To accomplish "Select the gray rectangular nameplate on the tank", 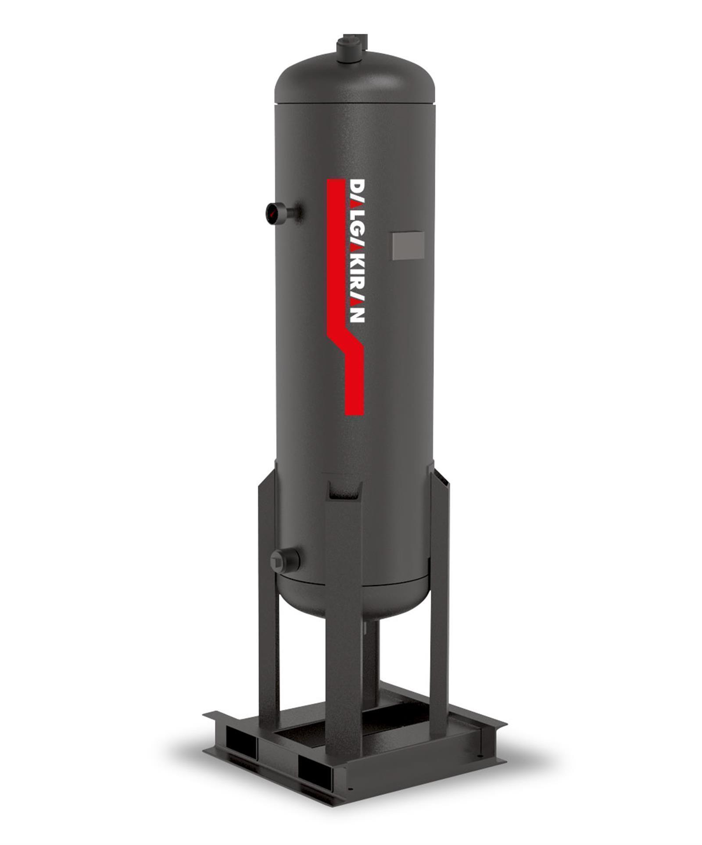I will click(408, 245).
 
